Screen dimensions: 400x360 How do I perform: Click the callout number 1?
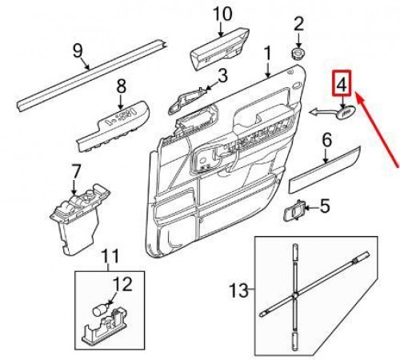[267, 53]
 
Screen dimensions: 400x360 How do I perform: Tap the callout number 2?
[298, 23]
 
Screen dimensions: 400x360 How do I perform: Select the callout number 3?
[222, 76]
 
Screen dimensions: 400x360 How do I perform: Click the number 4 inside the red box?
[342, 84]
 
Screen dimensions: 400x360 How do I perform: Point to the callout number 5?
[325, 206]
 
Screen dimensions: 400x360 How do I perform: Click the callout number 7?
[76, 172]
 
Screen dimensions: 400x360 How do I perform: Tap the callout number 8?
[122, 86]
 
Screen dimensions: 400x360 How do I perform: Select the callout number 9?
[78, 50]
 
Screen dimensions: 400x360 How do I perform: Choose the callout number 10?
[222, 14]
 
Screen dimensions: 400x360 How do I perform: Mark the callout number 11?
[110, 256]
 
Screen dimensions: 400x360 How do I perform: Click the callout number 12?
[122, 284]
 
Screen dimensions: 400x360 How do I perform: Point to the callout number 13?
[239, 290]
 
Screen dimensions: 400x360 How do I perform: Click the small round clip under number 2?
[298, 54]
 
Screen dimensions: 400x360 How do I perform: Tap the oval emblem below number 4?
[345, 112]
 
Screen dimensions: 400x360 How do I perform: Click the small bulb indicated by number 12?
[100, 310]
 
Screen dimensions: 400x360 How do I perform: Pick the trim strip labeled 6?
[324, 169]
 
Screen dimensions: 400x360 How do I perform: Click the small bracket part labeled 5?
[294, 210]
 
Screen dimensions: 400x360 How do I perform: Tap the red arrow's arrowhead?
[360, 98]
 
